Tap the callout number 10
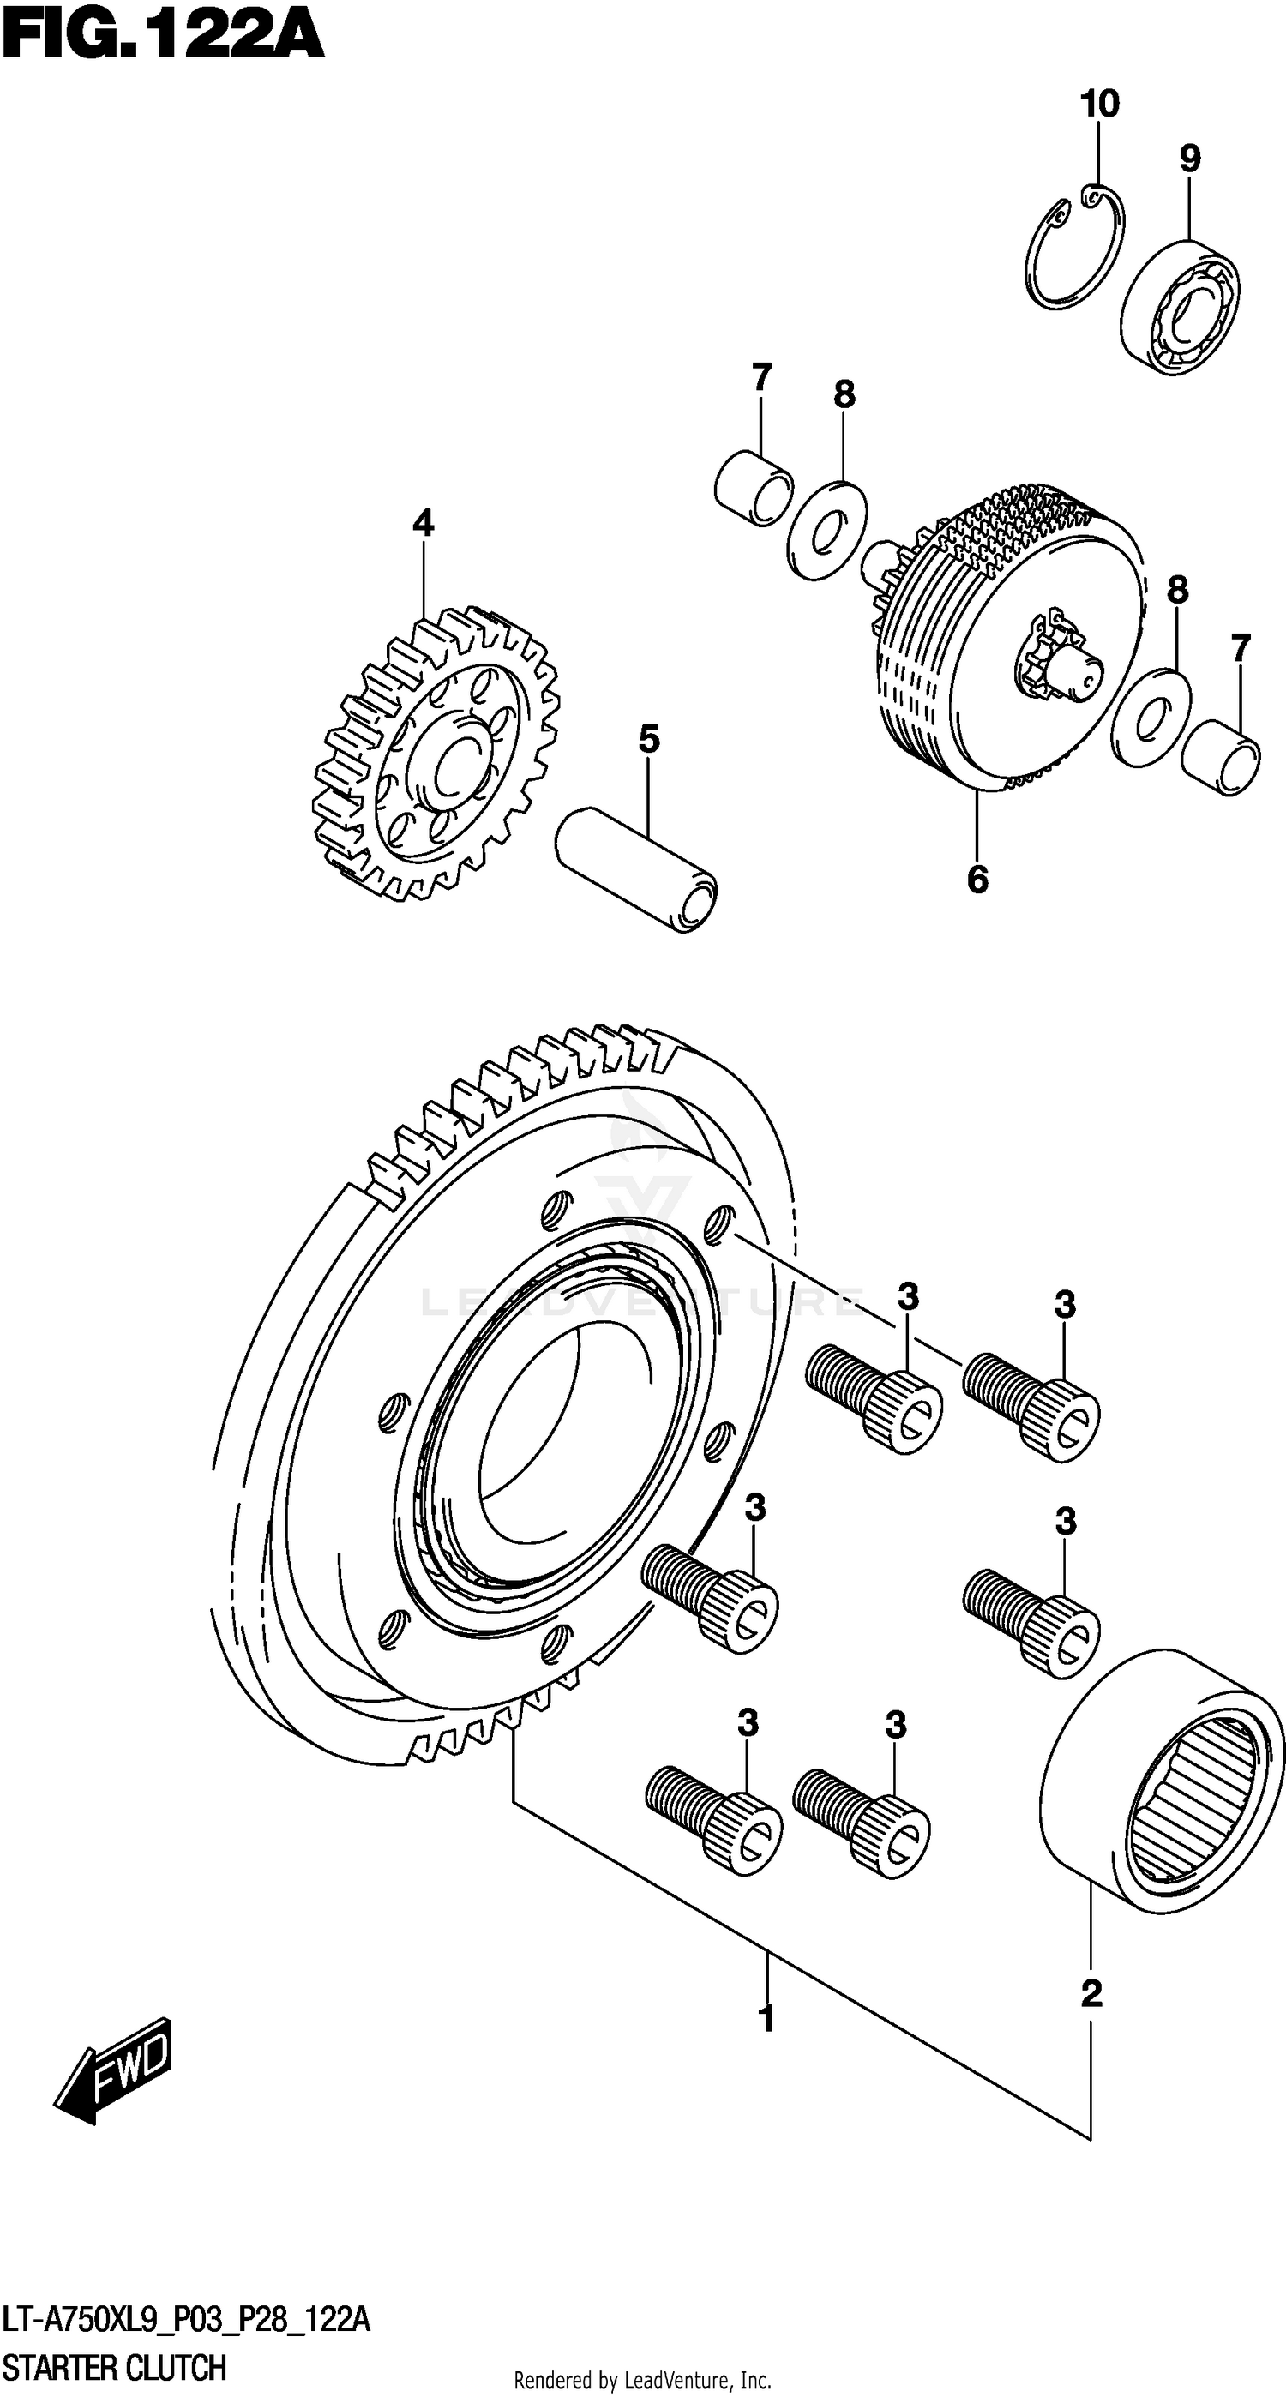click(1099, 105)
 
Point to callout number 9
click(1189, 159)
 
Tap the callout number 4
click(423, 524)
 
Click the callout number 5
click(649, 740)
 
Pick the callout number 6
click(977, 879)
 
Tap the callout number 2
click(1091, 1993)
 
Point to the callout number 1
click(766, 2019)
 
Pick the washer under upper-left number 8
click(826, 531)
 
